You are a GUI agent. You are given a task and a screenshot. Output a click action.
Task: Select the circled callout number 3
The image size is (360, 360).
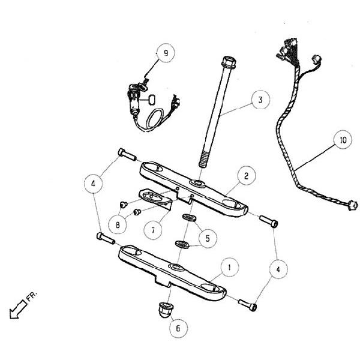(260, 100)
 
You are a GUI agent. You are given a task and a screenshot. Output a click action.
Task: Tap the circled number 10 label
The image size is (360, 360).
(341, 142)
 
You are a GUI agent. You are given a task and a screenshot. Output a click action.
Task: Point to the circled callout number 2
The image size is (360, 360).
(245, 176)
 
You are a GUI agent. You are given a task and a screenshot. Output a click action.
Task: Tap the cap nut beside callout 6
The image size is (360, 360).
(163, 310)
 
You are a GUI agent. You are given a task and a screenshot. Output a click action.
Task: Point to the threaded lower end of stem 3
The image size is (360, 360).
(203, 159)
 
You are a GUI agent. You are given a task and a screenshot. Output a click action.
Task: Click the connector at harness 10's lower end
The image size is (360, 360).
(352, 206)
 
